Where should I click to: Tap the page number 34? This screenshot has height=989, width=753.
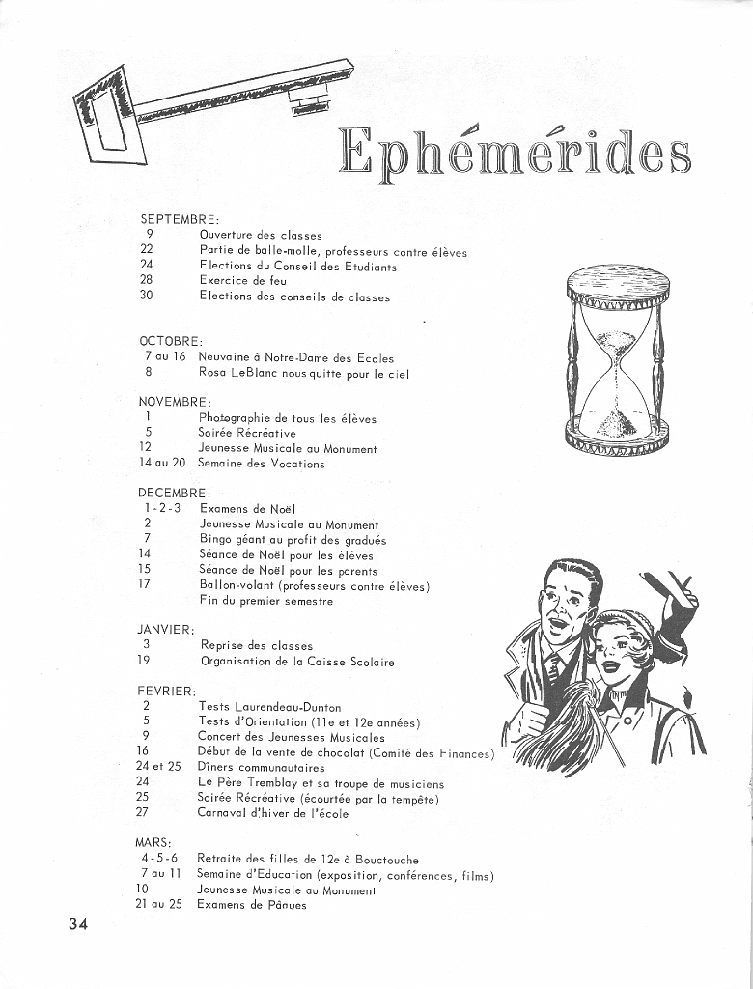[78, 924]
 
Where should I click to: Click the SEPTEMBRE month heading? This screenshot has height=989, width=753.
[179, 220]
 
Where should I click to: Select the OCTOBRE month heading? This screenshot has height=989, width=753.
[171, 341]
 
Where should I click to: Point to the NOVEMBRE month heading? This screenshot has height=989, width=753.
[174, 402]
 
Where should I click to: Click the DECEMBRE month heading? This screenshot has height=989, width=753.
[174, 493]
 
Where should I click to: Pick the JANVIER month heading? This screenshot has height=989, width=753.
[166, 629]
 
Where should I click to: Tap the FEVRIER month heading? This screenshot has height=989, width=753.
[167, 691]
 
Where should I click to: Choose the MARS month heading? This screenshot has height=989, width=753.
[153, 842]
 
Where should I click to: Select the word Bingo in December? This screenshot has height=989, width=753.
[216, 540]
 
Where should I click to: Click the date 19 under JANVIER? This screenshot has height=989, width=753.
[145, 662]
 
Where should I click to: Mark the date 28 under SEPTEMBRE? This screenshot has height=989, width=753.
[147, 281]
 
